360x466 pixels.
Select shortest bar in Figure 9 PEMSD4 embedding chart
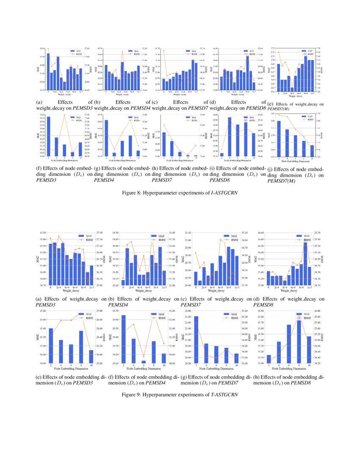point(144,362)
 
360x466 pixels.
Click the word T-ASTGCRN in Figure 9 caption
point(224,395)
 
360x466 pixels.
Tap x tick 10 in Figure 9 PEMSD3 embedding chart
point(91,366)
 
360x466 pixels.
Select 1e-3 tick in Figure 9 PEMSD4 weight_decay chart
point(164,288)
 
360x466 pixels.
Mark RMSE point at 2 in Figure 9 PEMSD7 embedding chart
point(197,322)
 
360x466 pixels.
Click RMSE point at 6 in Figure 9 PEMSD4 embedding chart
point(144,357)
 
